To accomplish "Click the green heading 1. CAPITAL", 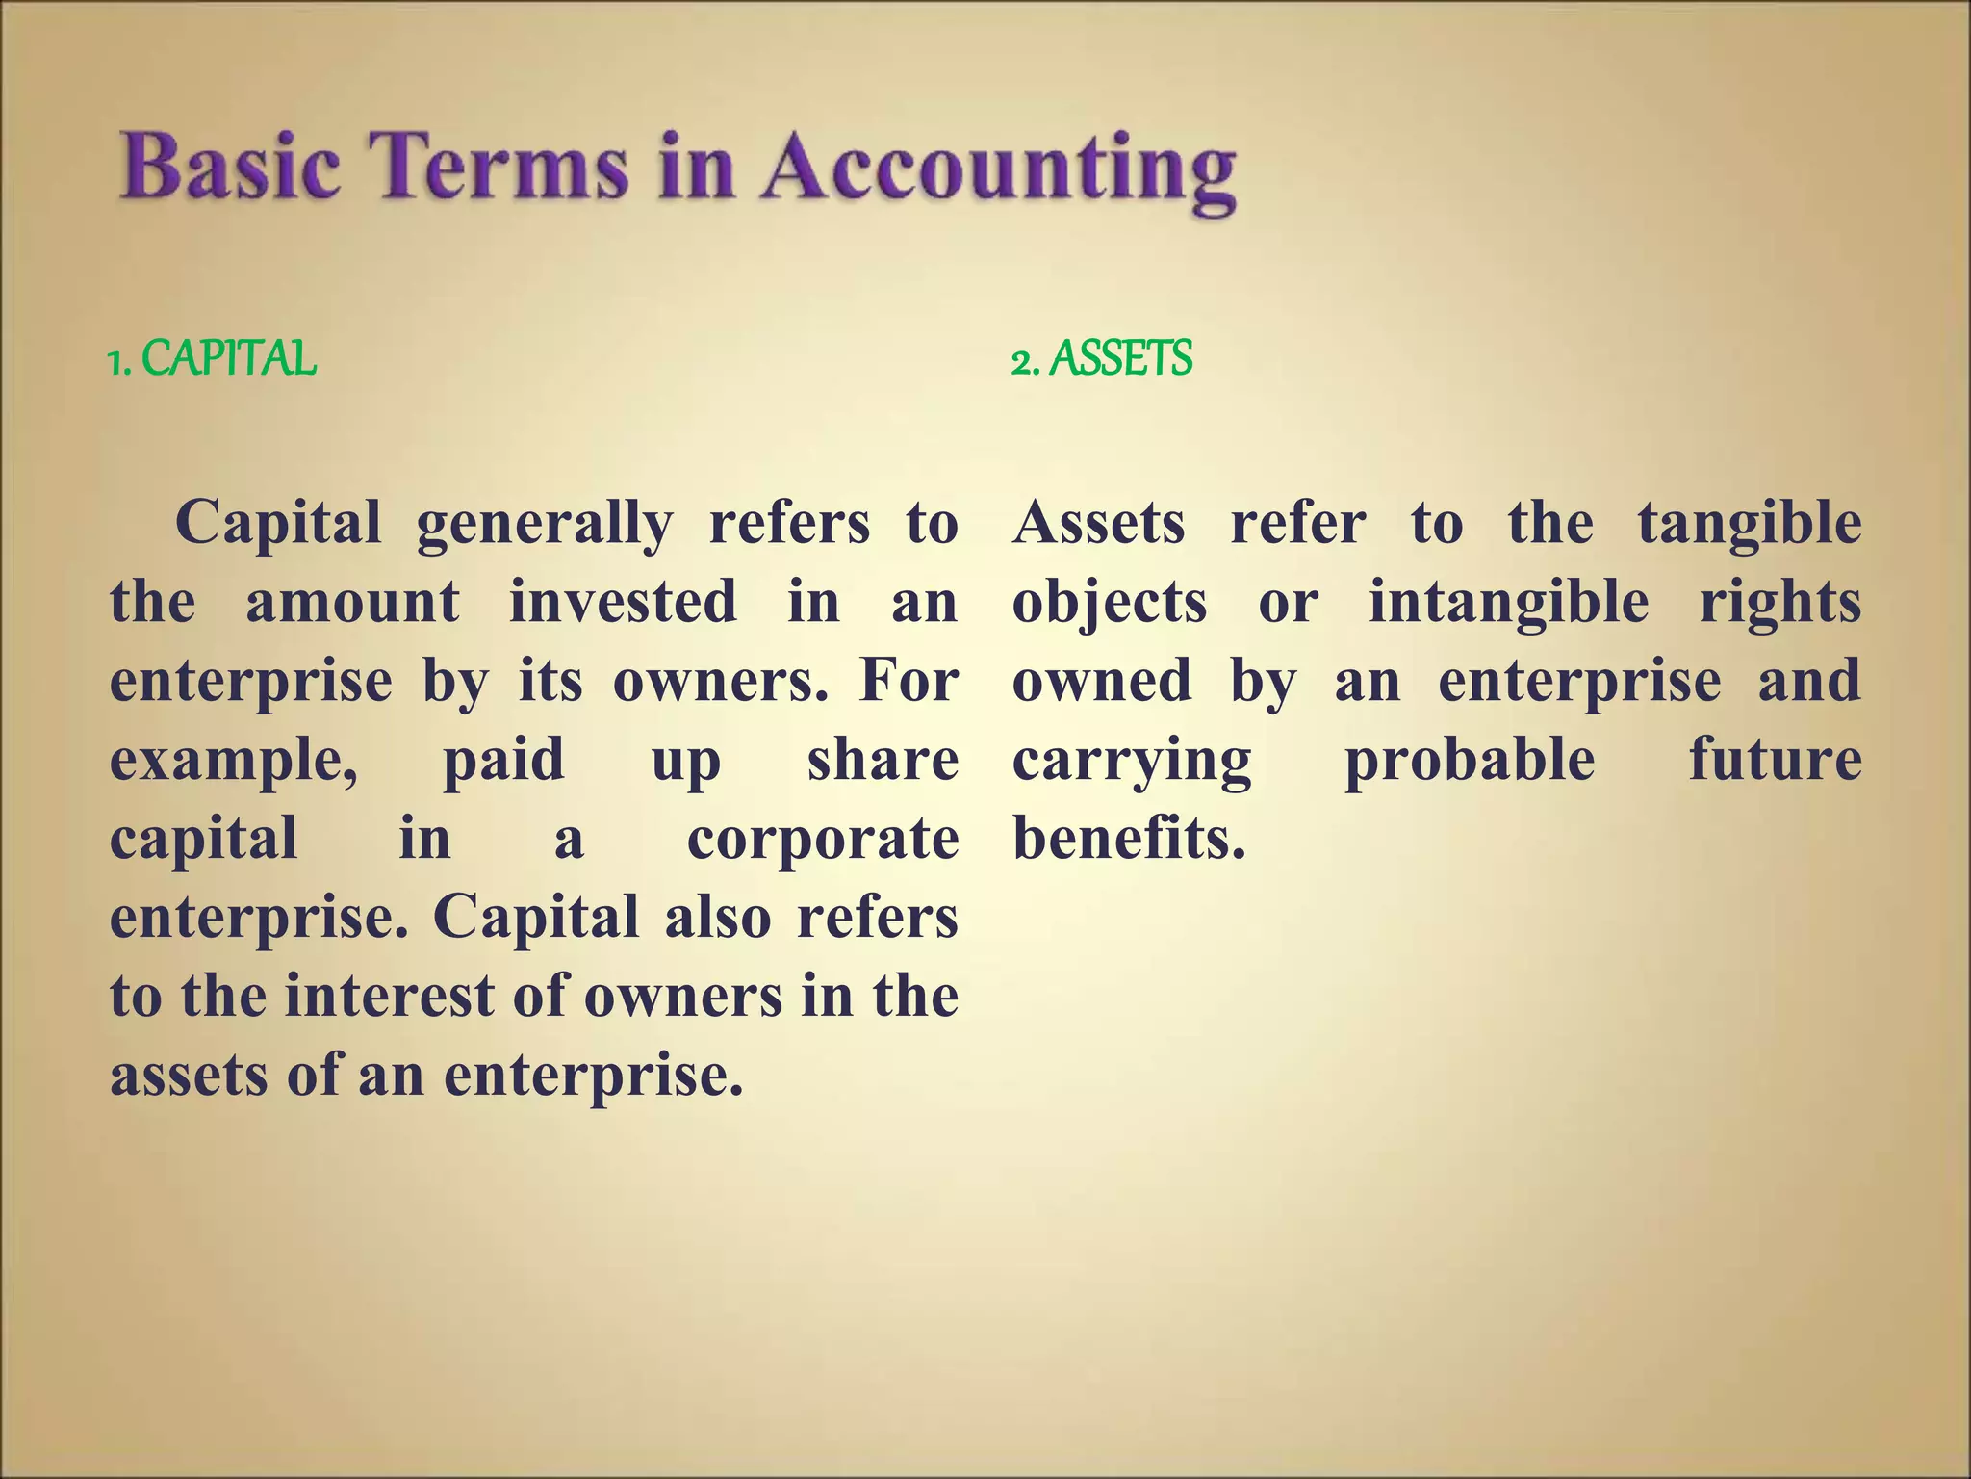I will point(212,359).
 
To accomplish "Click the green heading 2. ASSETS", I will point(1102,359).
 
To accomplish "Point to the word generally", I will point(545,526).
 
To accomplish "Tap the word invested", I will point(623,602).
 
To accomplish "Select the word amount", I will point(352,602).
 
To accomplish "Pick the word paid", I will point(503,760).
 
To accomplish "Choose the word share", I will point(883,760).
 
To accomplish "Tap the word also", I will point(718,918).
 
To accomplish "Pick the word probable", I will point(1470,762).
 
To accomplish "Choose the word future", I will point(1776,760).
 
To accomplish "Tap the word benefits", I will point(1129,839).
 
